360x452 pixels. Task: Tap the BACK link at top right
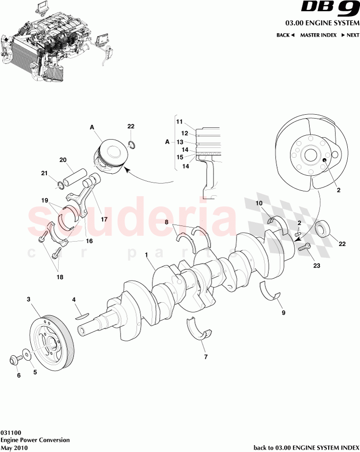point(285,35)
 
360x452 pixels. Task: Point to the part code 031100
point(10,432)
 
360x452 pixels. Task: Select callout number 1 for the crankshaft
point(147,255)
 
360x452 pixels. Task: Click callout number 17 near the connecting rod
point(104,219)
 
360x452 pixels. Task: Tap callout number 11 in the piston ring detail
point(179,121)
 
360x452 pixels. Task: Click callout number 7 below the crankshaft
point(206,357)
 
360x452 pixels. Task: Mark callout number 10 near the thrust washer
point(259,203)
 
